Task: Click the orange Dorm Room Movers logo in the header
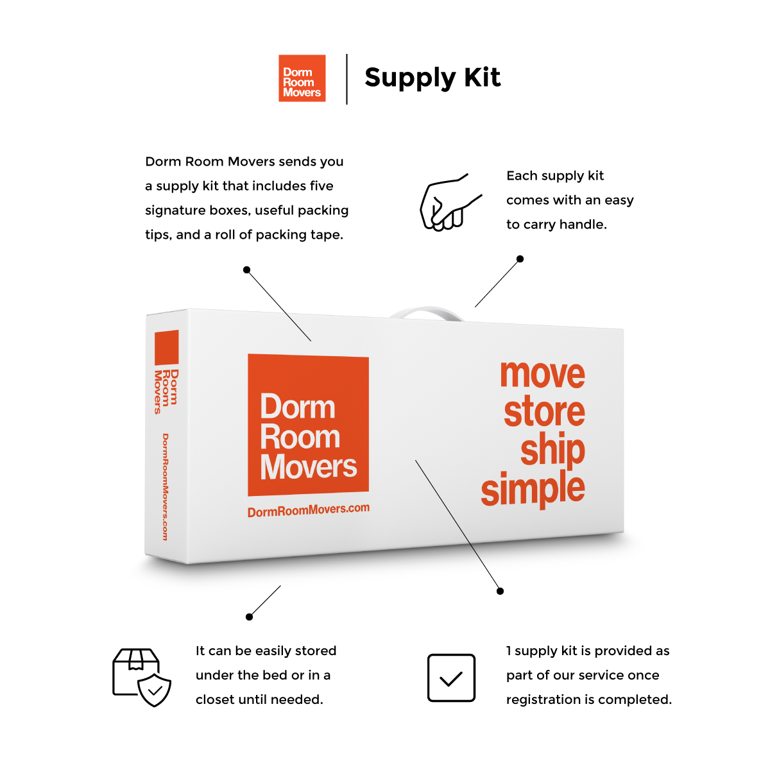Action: [x=302, y=78]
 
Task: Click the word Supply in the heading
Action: [x=410, y=78]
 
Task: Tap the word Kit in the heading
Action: [x=482, y=77]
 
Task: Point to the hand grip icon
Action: [x=450, y=202]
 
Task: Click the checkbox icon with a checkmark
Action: [x=451, y=678]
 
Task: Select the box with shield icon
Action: [x=142, y=678]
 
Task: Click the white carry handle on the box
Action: [x=427, y=312]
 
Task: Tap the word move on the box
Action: [x=542, y=374]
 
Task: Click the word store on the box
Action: [x=544, y=411]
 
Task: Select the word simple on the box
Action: [x=533, y=488]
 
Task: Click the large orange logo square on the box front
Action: [x=308, y=425]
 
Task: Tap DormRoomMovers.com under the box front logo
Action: [x=309, y=510]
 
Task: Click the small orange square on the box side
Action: [x=167, y=347]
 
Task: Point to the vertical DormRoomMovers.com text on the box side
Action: [x=166, y=486]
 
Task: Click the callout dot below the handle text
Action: [x=520, y=259]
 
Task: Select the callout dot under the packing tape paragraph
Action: [x=246, y=270]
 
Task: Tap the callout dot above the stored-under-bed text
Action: [x=250, y=617]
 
